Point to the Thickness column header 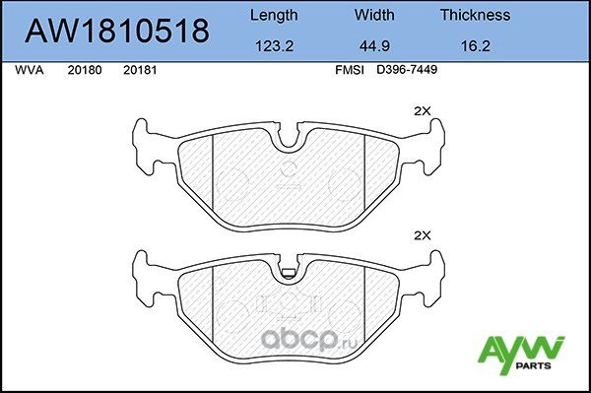click(x=475, y=15)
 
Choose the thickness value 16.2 click(x=475, y=44)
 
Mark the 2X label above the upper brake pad click(x=423, y=111)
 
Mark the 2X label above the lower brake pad click(x=423, y=236)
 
